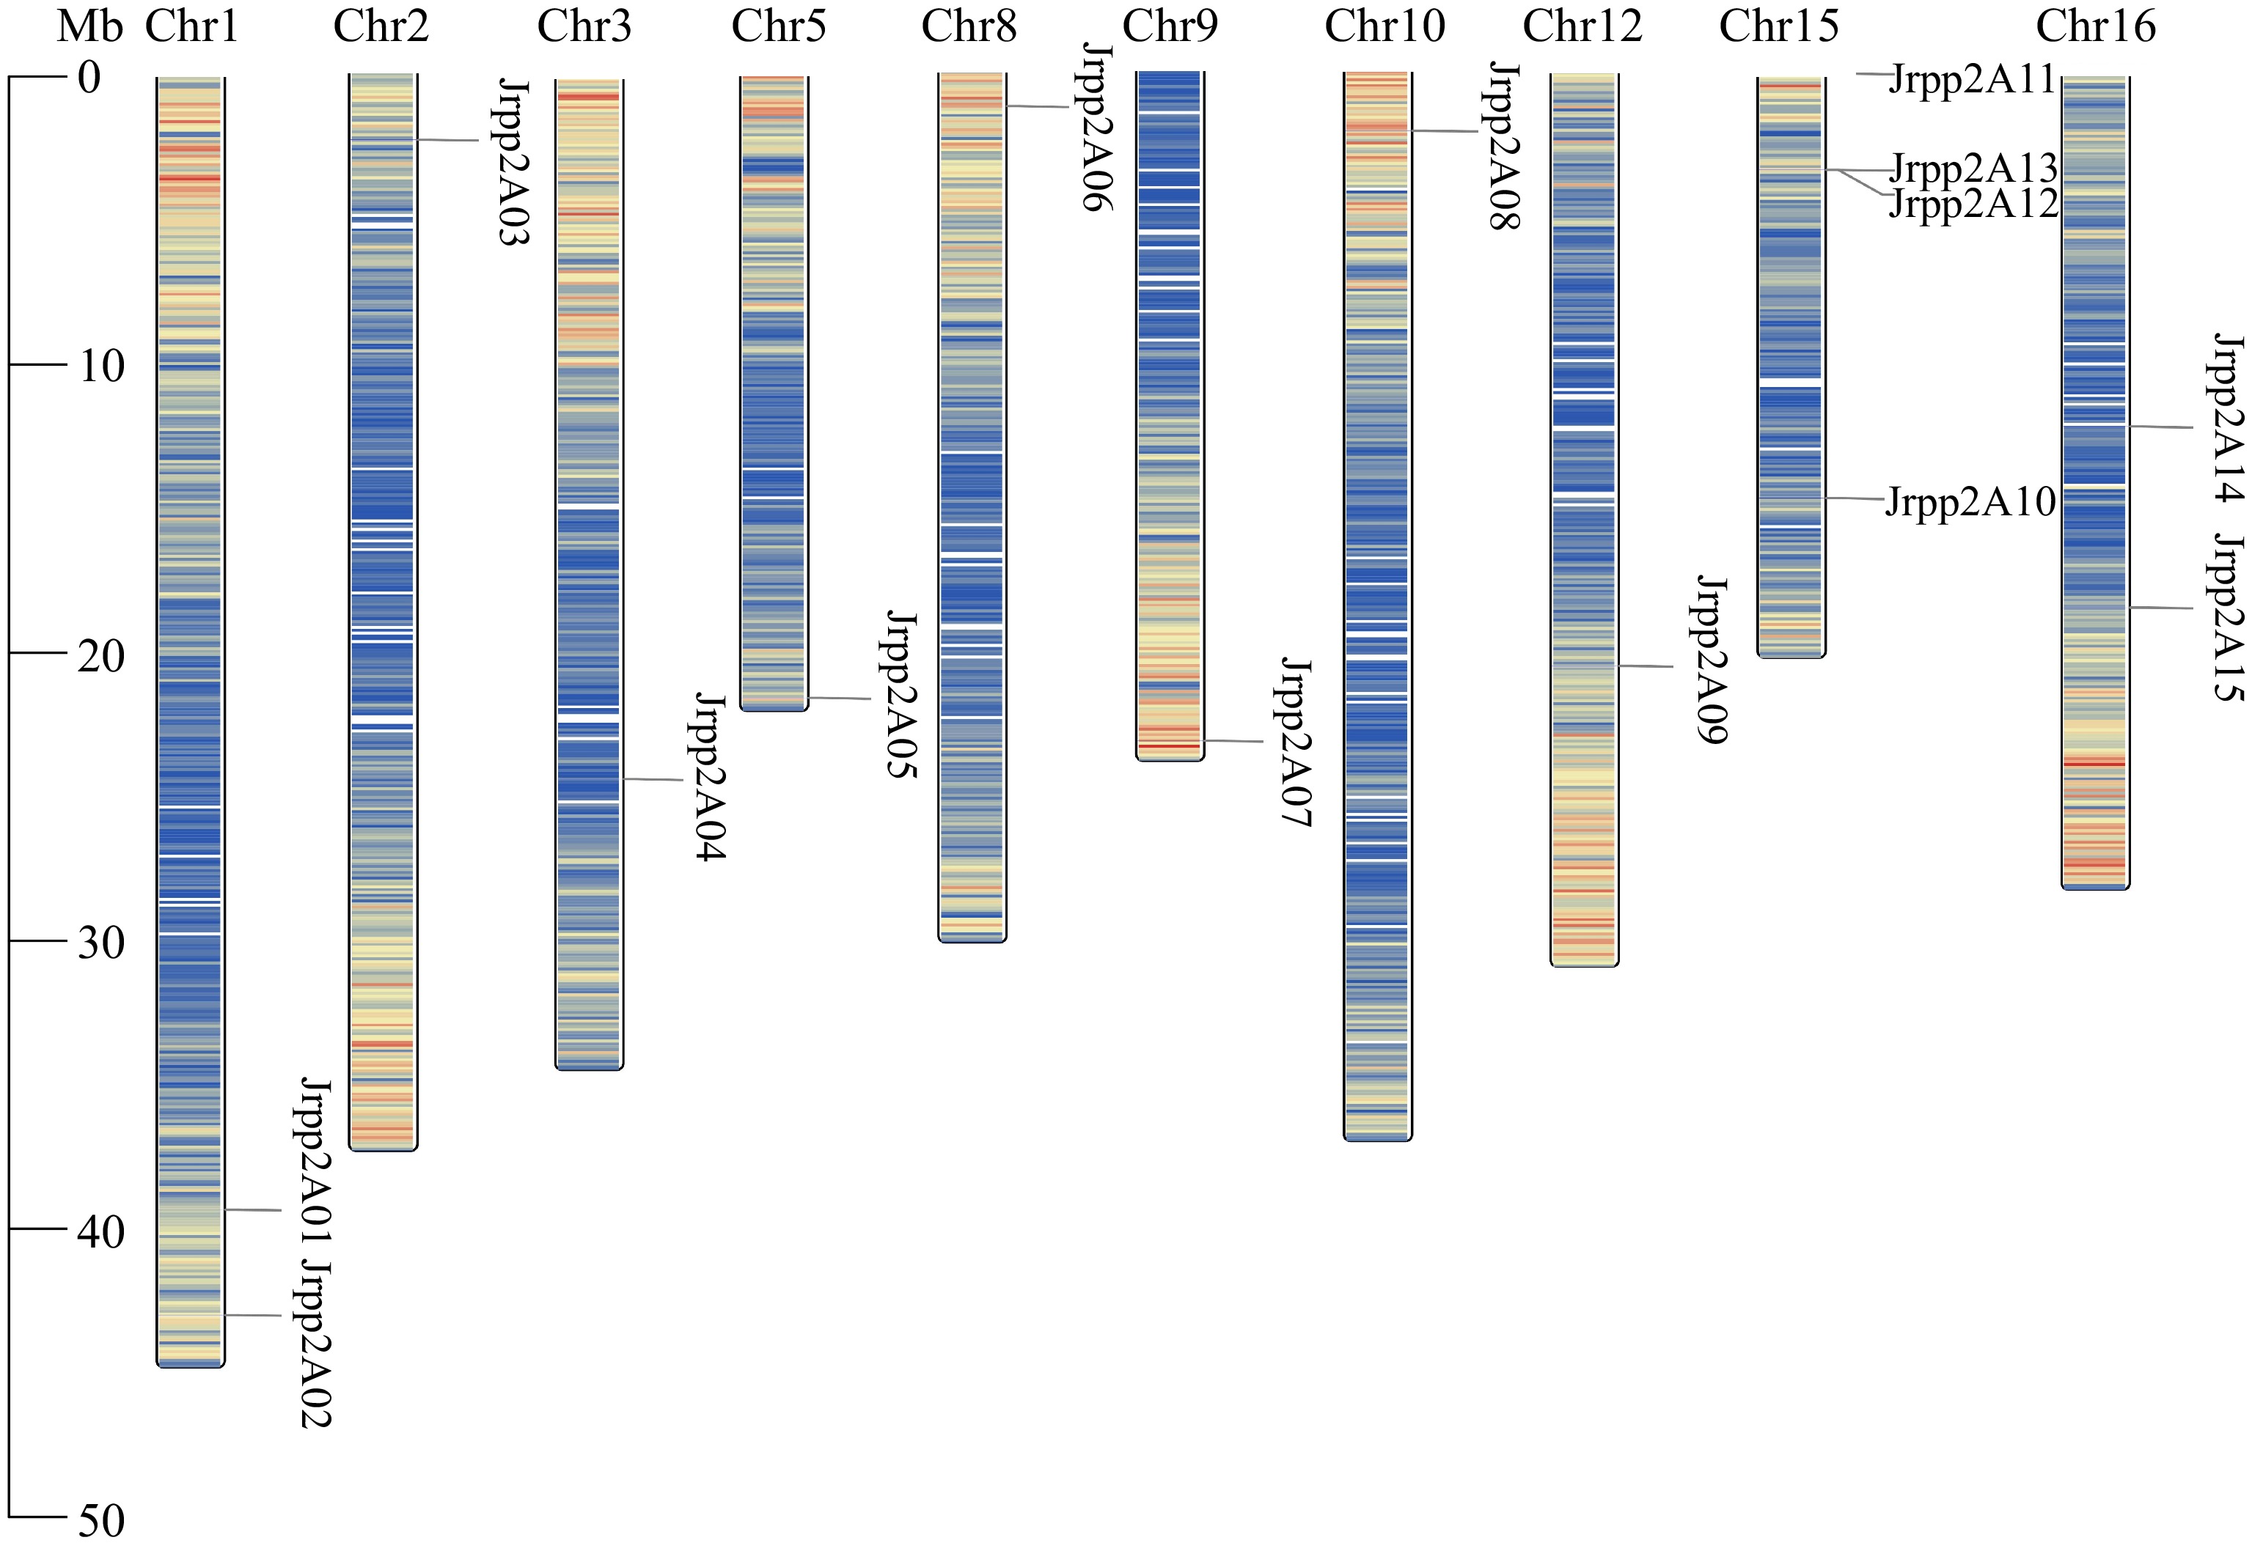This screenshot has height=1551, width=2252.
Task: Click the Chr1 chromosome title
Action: [191, 26]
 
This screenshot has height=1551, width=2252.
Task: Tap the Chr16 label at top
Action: [2096, 26]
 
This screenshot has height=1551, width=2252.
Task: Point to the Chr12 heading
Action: [1582, 26]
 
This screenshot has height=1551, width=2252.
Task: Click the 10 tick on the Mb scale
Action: [101, 366]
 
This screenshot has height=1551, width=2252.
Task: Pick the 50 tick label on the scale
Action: [101, 1521]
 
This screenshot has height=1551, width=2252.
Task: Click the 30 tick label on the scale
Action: [101, 942]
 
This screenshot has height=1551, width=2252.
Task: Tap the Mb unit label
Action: [89, 26]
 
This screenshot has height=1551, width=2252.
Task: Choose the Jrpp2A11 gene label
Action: [1971, 78]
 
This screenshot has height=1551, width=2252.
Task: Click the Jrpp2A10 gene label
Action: [1970, 502]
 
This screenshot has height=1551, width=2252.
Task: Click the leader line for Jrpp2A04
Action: [653, 779]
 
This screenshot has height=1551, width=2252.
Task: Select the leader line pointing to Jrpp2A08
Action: [1445, 131]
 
